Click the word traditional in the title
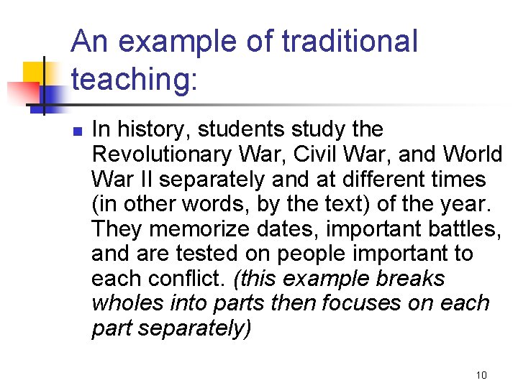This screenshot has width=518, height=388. (350, 41)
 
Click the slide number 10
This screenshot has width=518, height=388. (481, 375)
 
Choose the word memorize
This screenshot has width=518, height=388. (201, 228)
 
